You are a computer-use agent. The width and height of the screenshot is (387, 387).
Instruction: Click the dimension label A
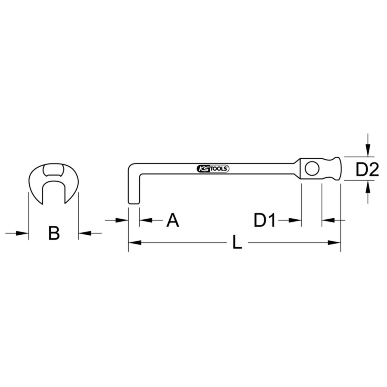point(173,220)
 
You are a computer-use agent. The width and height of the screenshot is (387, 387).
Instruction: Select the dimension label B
point(54,233)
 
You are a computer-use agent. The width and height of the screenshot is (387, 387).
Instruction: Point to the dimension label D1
point(264,220)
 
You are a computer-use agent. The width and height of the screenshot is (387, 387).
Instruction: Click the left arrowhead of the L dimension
point(135,243)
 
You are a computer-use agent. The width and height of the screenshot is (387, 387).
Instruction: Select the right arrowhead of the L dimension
point(334,243)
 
